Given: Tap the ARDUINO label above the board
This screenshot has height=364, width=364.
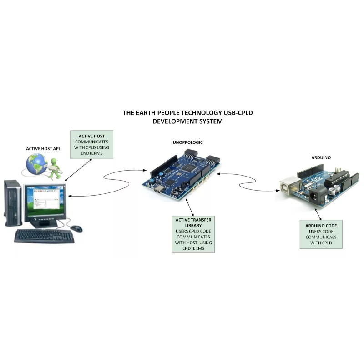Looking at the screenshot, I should (321, 157).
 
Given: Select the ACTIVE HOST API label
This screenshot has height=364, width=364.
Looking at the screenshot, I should (43, 148).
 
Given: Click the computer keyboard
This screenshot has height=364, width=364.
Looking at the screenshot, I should (44, 236).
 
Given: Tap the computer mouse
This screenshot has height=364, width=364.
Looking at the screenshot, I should (76, 228).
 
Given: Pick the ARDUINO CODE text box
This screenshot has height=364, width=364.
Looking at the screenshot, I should (321, 234).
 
